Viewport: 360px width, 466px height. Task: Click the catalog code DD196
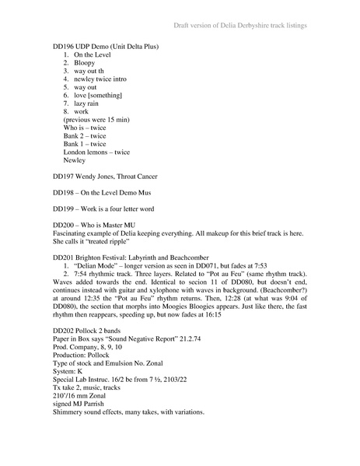(64, 47)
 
